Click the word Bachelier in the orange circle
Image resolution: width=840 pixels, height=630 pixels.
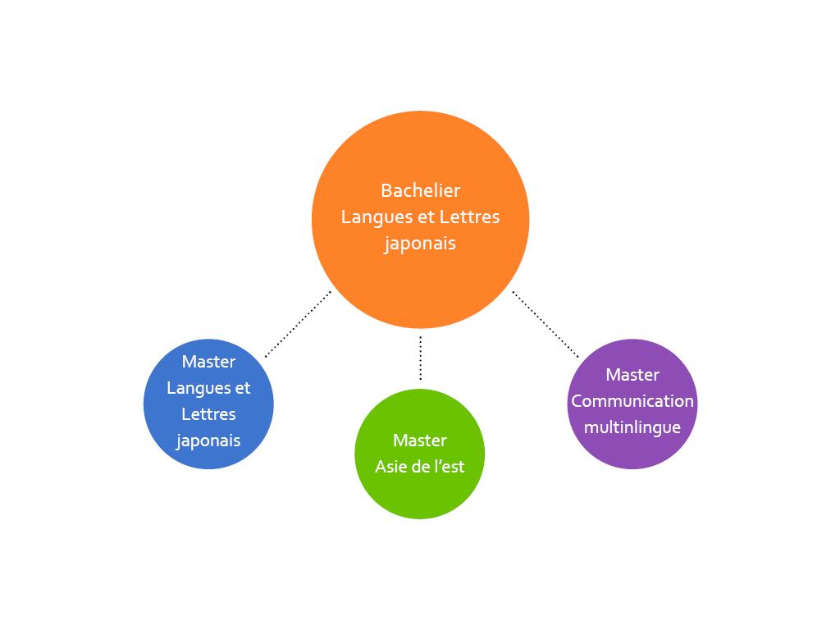coord(420,190)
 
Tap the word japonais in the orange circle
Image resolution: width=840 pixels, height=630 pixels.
coord(420,244)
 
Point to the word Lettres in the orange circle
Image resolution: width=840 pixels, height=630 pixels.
coord(469,217)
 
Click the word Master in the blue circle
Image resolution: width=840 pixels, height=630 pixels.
coord(208,362)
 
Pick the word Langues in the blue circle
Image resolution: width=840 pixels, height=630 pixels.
coord(198,389)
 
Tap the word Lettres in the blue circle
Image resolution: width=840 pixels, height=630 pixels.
coord(208,414)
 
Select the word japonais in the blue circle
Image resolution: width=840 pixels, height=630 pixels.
coord(208,441)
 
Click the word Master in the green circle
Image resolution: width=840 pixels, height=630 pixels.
coord(420,441)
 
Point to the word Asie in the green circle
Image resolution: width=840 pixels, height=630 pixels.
coord(390,467)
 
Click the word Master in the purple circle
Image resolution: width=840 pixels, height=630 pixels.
coord(632,375)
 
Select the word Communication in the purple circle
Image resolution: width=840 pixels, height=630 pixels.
coord(632,401)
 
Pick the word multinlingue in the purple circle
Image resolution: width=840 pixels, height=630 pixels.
coord(632,428)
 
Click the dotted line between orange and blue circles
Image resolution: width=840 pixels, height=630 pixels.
coord(298,324)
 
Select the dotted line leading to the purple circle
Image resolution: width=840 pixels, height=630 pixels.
coord(546,324)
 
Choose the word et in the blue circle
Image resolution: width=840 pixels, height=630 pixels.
coord(242,389)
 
